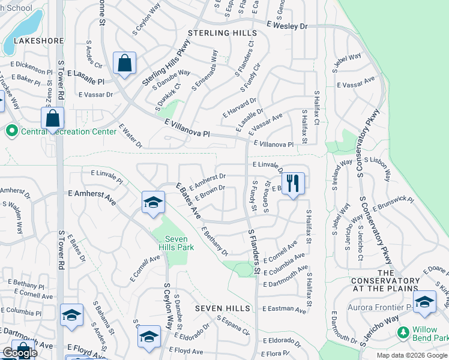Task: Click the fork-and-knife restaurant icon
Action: click(x=293, y=183)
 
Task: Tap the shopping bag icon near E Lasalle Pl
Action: click(x=124, y=64)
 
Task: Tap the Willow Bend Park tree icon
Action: click(x=403, y=331)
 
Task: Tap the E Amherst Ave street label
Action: click(x=91, y=195)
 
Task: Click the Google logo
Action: click(x=20, y=353)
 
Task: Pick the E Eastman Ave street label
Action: click(x=285, y=309)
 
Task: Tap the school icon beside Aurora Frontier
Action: click(x=424, y=302)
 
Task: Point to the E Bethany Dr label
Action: click(x=215, y=240)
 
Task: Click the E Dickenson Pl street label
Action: click(x=31, y=64)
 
